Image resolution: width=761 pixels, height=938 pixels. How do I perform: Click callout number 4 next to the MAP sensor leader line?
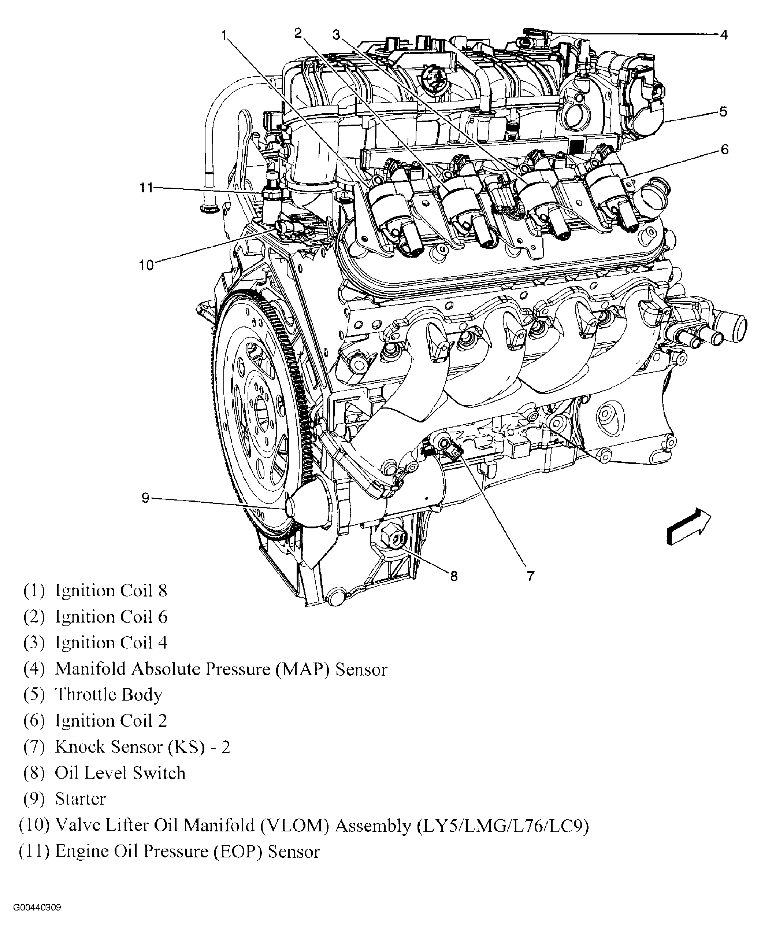[x=724, y=35]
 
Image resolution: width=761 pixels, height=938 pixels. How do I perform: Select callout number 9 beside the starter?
[x=145, y=498]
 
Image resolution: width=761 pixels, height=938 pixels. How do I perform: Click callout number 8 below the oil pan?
[x=454, y=576]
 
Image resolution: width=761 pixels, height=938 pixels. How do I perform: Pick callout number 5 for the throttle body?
[x=723, y=112]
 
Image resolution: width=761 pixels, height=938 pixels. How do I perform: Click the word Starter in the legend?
[x=80, y=799]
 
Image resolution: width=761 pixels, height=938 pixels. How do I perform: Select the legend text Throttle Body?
[x=108, y=695]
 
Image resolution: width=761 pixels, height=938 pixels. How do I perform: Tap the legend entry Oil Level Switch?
[x=120, y=773]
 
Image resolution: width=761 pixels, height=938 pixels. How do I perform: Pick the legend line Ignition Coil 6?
[x=111, y=617]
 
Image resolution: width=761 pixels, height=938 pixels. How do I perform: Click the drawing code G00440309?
[x=37, y=907]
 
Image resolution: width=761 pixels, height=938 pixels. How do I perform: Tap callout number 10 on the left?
[x=146, y=265]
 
